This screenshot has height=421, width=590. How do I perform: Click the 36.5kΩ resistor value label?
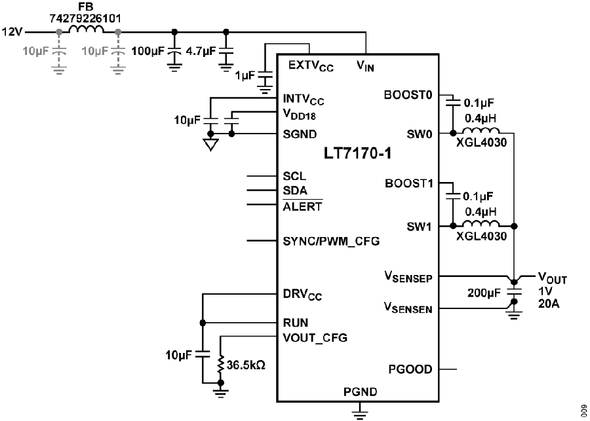[x=245, y=365]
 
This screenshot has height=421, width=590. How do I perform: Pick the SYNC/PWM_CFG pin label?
[x=331, y=241]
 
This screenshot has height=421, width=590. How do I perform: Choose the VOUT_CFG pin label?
[x=315, y=338]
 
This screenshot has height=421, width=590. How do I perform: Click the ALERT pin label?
[x=302, y=207]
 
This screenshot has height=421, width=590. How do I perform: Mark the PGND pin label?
[x=360, y=392]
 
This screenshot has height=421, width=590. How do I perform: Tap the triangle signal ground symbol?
[x=210, y=144]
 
